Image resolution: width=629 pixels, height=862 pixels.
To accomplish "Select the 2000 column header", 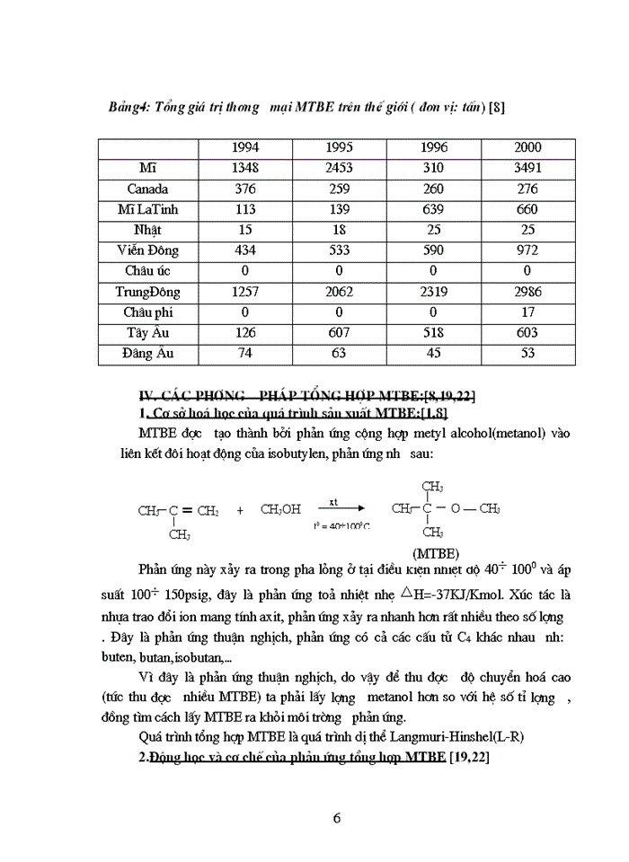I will [527, 147].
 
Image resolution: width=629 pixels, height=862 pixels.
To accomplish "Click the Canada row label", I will [147, 189].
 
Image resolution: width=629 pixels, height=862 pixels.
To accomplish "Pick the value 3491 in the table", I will [527, 168].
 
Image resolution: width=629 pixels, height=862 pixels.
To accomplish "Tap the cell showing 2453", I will [339, 168].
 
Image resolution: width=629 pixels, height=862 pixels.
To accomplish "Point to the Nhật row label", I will [147, 230].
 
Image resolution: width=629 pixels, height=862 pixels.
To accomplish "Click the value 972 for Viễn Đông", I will [527, 251].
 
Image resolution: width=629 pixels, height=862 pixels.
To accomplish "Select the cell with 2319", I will [434, 292].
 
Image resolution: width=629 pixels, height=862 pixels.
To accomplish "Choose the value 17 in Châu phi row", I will [527, 312].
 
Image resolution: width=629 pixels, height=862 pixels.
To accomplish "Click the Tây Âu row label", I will [147, 333].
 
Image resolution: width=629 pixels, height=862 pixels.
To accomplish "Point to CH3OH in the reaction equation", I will [280, 510].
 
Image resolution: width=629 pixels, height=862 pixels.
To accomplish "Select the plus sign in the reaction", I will [240, 510].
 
